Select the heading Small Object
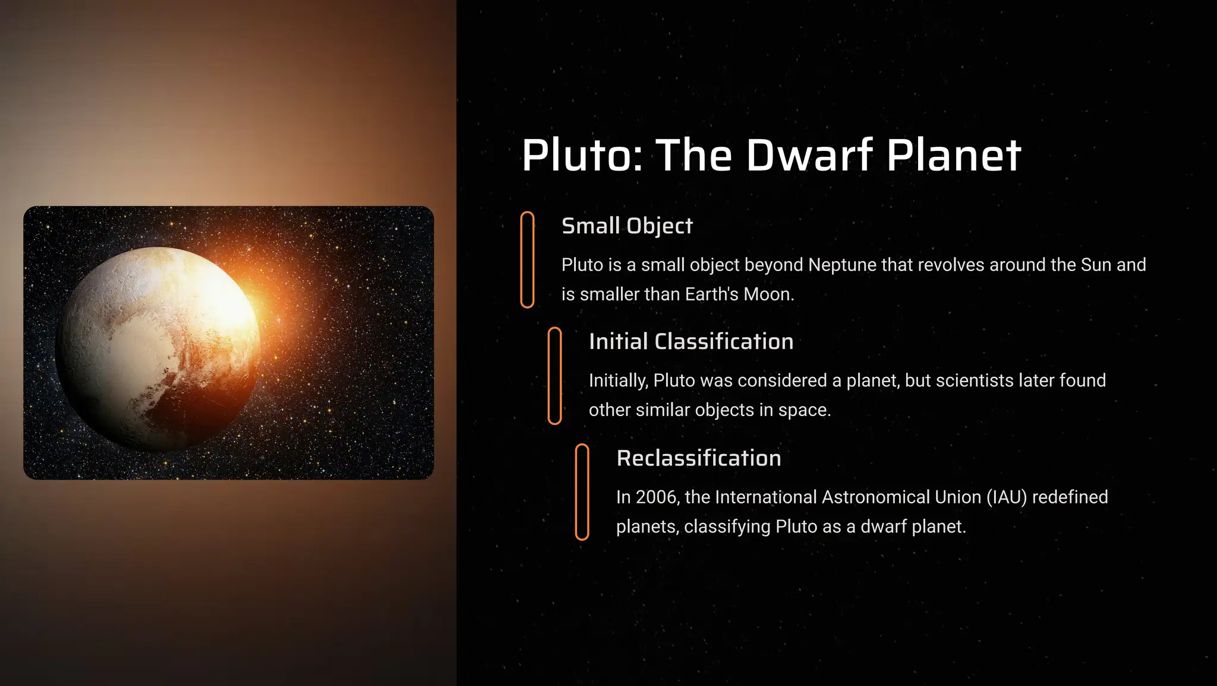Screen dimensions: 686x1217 tap(627, 226)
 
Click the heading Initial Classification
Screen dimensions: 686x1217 tap(691, 342)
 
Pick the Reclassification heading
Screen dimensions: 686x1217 tap(699, 458)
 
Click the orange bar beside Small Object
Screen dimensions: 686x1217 tap(527, 260)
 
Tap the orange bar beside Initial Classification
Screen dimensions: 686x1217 tap(554, 376)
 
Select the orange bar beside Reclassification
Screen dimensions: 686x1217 tap(582, 492)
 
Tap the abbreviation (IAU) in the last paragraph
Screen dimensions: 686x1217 tap(1007, 497)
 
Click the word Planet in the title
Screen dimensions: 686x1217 tap(954, 155)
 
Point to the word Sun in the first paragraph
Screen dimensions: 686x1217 tap(1096, 265)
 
